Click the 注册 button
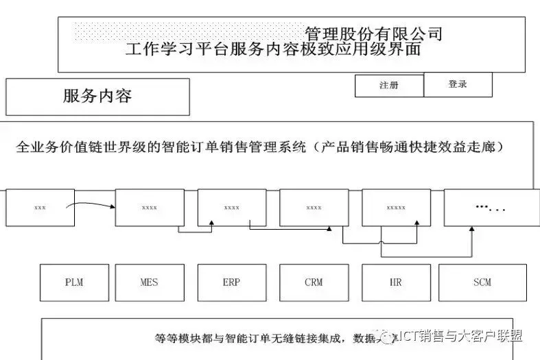click(389, 86)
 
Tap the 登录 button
click(458, 84)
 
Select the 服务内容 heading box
click(97, 97)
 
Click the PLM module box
click(74, 283)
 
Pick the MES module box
click(150, 283)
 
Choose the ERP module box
click(232, 283)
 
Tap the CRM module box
click(314, 283)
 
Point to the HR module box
click(397, 283)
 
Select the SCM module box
click(482, 283)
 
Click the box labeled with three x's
click(40, 207)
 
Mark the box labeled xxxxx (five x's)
click(396, 207)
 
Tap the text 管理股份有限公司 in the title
click(373, 34)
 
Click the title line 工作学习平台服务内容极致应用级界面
click(273, 49)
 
